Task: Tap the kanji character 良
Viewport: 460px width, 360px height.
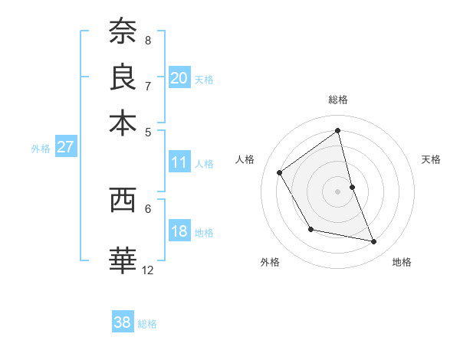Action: pos(123,77)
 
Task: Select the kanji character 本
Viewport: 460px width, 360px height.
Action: pos(123,123)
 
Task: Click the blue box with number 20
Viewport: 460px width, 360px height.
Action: pos(179,78)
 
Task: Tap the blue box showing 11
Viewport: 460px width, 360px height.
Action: pos(179,162)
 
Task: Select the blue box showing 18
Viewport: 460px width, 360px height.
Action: pos(179,232)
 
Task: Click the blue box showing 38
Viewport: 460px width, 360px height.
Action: pos(123,322)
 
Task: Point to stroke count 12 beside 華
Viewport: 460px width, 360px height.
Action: pos(148,270)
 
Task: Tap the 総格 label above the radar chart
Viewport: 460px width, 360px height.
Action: pos(338,100)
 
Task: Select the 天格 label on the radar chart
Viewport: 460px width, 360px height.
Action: pos(432,159)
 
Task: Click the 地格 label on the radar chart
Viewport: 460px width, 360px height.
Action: pos(402,262)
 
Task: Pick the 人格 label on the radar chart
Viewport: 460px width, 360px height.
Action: pos(245,159)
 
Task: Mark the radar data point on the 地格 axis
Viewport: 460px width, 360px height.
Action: pos(374,241)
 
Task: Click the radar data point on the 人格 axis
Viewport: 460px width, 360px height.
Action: pos(280,172)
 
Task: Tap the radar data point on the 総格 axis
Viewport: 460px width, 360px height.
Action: pos(338,130)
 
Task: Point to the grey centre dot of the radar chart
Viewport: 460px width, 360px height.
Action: pos(338,191)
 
